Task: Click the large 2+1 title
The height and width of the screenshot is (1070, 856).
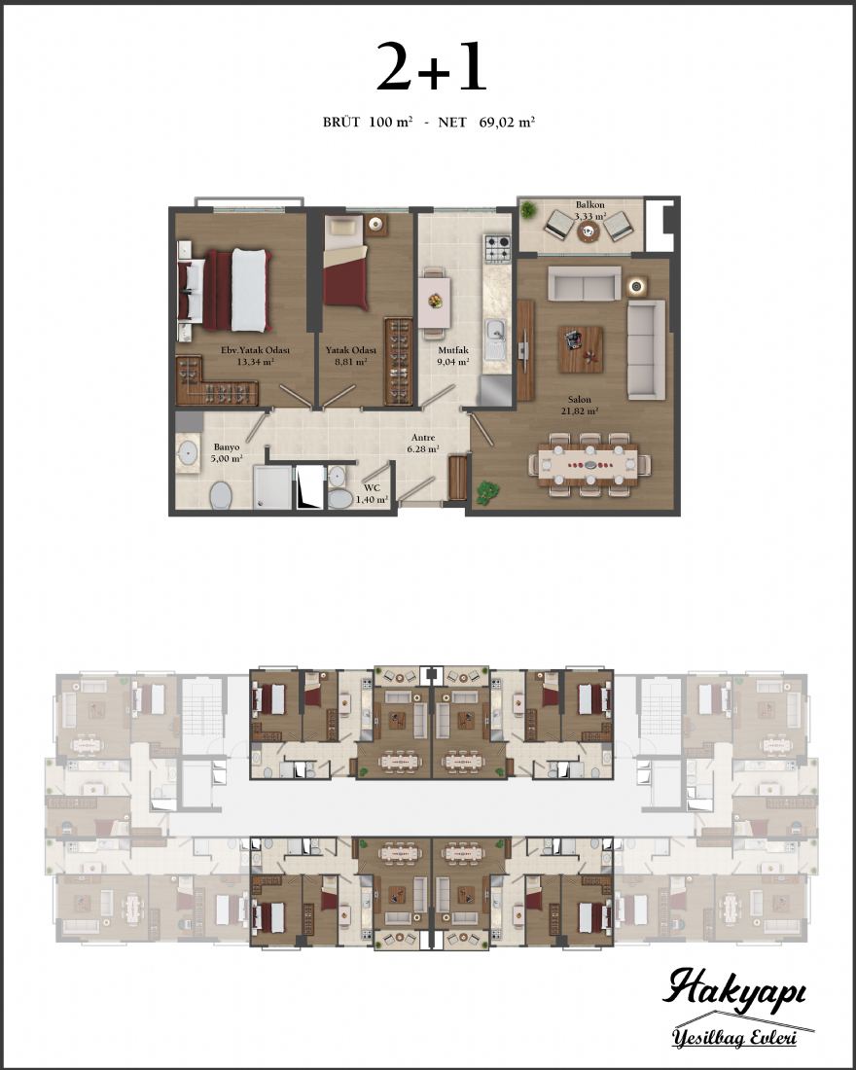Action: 432,66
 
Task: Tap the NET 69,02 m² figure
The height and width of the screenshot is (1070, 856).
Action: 486,123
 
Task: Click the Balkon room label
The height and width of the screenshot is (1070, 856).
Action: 589,204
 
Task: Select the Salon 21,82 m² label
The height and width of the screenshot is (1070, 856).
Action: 580,406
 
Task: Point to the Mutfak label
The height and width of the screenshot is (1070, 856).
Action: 453,350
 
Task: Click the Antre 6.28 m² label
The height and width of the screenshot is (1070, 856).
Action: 423,443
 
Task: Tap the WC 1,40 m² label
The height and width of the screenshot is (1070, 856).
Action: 372,493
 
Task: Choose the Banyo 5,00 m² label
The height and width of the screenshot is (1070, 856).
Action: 227,452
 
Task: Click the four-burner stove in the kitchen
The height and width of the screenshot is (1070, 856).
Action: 497,249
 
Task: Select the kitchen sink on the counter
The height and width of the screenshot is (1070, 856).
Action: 495,339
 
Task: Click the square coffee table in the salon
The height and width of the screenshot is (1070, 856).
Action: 580,348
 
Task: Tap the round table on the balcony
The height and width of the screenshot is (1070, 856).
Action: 588,232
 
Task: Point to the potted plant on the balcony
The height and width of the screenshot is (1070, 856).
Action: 527,209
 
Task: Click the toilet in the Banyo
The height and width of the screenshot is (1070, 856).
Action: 221,495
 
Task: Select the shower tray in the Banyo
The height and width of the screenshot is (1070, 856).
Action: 271,486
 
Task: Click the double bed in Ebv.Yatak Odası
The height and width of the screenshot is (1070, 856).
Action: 225,290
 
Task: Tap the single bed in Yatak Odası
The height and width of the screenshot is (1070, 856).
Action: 344,262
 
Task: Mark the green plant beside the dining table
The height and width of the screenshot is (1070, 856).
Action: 486,493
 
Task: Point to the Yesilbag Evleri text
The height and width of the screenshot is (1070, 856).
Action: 734,1038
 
